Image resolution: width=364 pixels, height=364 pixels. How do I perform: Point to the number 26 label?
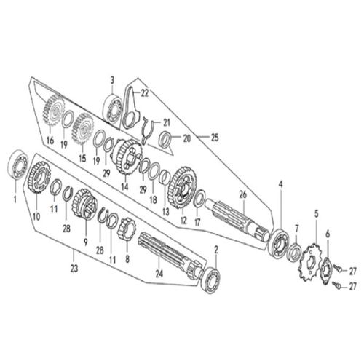[243, 194]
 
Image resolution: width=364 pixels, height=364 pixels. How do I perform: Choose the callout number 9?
[85, 242]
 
